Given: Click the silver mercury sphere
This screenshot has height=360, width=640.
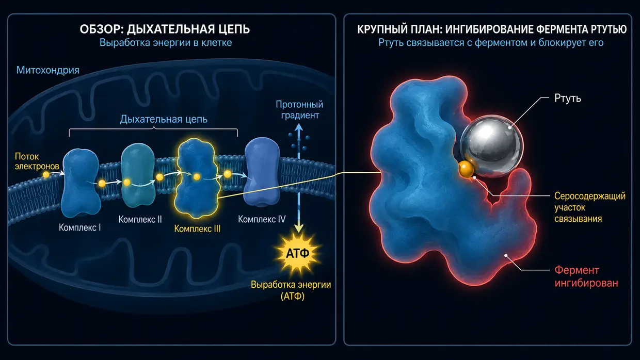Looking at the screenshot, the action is point(492,146).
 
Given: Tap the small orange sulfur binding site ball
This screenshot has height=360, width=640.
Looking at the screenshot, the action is point(466,169).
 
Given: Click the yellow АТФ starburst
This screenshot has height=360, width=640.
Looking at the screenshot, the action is point(297,253).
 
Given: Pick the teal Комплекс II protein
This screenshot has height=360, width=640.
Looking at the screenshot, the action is point(138,174).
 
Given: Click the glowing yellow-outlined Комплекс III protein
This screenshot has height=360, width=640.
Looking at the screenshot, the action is point(197,178).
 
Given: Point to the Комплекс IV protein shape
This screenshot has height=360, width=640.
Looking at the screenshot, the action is point(262,172).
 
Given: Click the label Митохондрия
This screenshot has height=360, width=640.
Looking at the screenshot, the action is point(47,70).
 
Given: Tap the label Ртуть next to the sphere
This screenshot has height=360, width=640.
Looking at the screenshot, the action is point(567,98).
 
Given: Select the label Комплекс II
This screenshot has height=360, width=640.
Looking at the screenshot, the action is point(140,219).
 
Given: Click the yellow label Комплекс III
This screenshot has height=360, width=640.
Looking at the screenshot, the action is point(197,228).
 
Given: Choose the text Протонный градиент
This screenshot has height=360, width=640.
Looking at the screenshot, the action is point(299,110).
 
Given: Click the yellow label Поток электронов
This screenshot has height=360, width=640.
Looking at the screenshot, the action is point(37,161).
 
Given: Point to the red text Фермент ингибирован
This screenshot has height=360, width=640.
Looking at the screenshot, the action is point(586,276).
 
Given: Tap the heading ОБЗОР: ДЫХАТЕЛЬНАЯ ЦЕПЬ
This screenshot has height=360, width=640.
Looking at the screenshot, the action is point(165,29).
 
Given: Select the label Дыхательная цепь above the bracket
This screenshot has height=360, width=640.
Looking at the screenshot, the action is point(164,119).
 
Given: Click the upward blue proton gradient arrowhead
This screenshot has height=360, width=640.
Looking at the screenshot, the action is point(299,127).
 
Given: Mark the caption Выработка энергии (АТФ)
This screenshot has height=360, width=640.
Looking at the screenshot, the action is point(291,290).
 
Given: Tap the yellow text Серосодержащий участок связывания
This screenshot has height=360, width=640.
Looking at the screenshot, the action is point(590,207).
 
